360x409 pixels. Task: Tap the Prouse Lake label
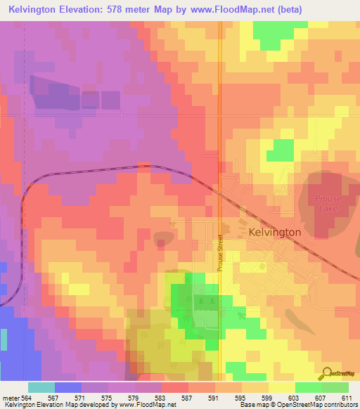pyautogui.click(x=328, y=203)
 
